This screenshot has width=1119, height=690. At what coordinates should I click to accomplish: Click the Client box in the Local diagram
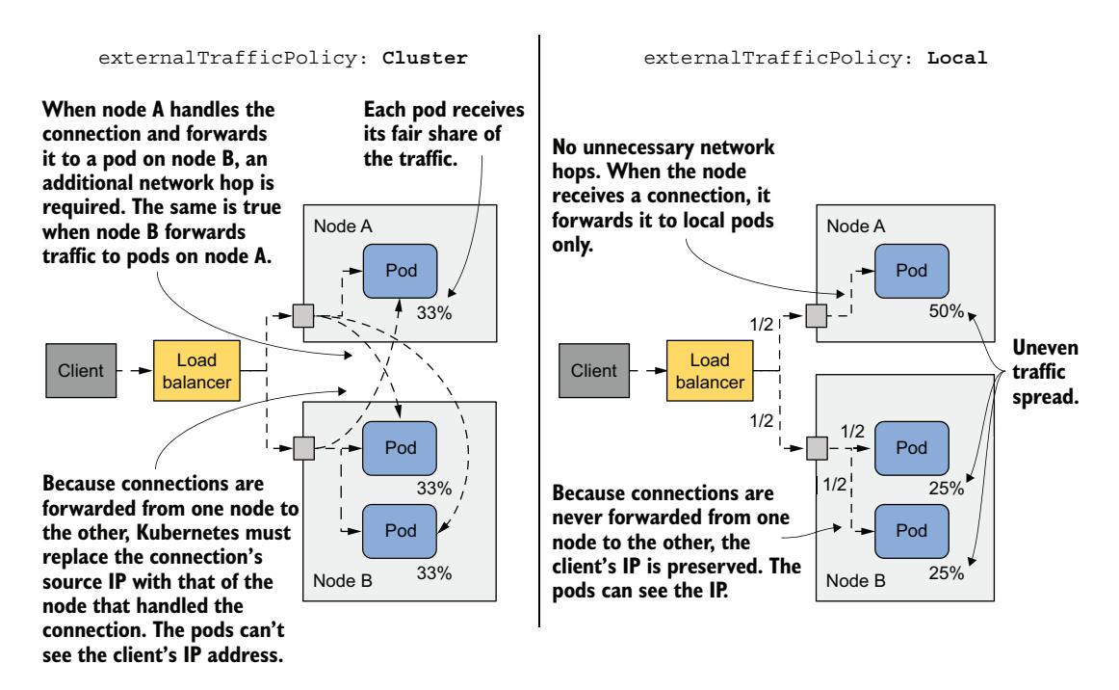pyautogui.click(x=589, y=369)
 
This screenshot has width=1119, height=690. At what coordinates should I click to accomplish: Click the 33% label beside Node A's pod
pyautogui.click(x=434, y=313)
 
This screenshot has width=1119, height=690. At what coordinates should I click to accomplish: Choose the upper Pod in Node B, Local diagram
pyautogui.click(x=910, y=448)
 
